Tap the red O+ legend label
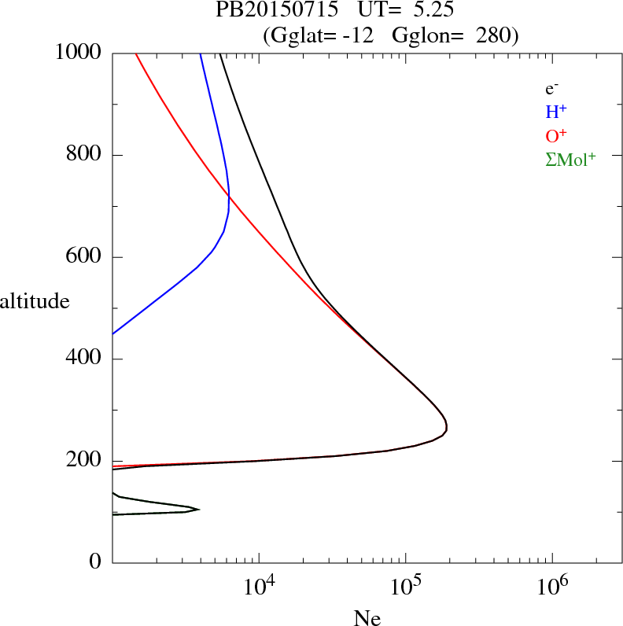click(x=556, y=135)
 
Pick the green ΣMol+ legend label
click(x=570, y=159)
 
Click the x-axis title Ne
click(x=367, y=618)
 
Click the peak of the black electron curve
click(x=447, y=427)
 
